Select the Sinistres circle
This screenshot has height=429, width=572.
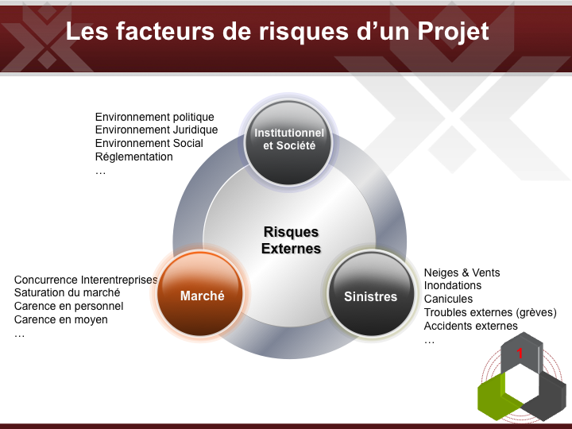(x=371, y=294)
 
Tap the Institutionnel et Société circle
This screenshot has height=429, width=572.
(x=288, y=143)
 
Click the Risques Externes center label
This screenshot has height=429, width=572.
(x=291, y=240)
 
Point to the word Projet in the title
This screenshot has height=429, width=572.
(x=453, y=31)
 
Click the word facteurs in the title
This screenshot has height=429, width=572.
(x=165, y=31)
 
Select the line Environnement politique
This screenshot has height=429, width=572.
(x=155, y=117)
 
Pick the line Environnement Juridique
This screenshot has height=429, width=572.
(x=157, y=129)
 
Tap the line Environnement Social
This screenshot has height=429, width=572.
(x=149, y=143)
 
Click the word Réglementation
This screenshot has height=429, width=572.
(x=134, y=157)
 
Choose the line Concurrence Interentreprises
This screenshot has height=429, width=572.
(x=86, y=280)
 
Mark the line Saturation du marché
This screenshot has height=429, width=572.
(x=67, y=292)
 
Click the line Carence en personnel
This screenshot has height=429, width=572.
(x=68, y=306)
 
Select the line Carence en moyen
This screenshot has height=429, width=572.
(x=61, y=319)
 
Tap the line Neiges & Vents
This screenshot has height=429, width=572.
(x=462, y=272)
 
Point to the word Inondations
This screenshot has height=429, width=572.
(x=453, y=285)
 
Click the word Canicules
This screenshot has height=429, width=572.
(x=448, y=299)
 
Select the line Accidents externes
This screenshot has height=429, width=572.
(x=470, y=326)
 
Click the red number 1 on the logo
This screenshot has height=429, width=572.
(x=520, y=353)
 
